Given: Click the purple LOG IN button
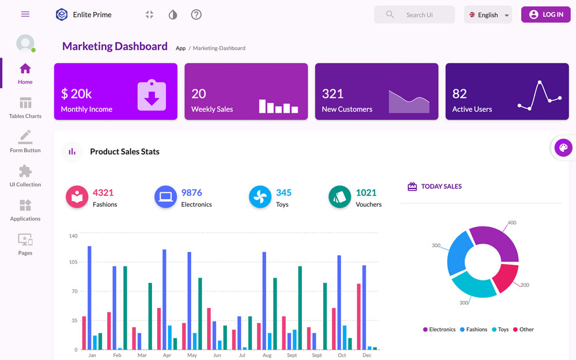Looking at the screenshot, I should (545, 14).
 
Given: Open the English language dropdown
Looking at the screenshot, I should (488, 15).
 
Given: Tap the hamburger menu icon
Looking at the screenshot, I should (25, 14).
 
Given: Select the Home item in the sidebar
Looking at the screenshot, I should (25, 73).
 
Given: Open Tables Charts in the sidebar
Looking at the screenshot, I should (25, 108).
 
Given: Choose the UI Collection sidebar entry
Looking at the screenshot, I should (25, 176).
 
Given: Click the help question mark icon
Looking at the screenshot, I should (196, 14).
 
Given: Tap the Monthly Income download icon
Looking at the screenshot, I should (151, 95).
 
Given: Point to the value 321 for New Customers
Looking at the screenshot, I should (332, 93).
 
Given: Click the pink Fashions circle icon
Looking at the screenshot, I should (77, 197).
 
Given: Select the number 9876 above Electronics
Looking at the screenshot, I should (191, 192).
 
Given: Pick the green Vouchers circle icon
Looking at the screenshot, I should (339, 197).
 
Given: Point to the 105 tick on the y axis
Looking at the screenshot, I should (73, 262).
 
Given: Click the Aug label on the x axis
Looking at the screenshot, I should (267, 355).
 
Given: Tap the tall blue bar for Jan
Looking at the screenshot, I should (89, 297).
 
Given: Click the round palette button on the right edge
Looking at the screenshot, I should (563, 148).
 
